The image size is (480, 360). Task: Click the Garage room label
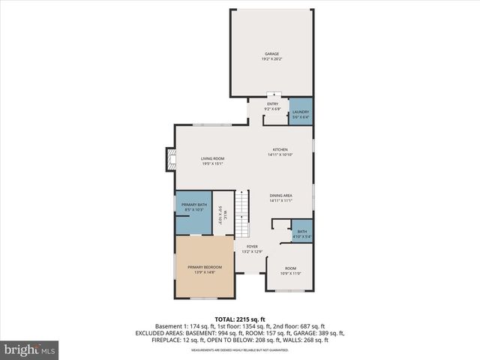click(x=271, y=54)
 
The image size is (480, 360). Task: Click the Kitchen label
click(x=280, y=149)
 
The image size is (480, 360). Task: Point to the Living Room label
click(x=212, y=158)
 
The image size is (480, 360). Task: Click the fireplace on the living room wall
click(x=172, y=158)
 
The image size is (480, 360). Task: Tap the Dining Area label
click(x=280, y=196)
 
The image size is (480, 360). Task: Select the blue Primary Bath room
click(x=193, y=207)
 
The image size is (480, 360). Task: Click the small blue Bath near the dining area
click(x=301, y=233)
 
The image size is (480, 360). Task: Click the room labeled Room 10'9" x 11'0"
click(x=290, y=271)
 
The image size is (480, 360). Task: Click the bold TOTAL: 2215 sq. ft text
click(x=239, y=319)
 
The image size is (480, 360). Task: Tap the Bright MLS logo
click(x=30, y=349)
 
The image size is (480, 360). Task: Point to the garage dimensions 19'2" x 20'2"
click(x=271, y=58)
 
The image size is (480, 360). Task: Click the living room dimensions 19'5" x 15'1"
click(x=212, y=163)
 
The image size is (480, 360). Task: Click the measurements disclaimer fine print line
click(x=239, y=350)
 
